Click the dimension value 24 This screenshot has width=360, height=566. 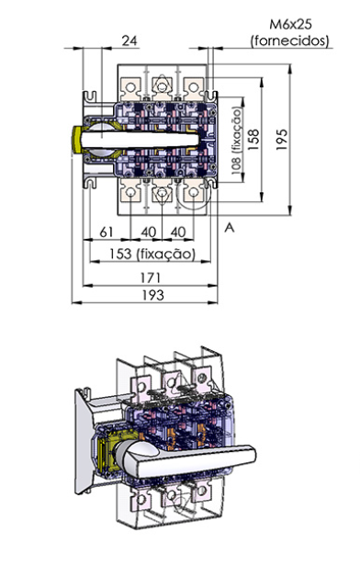pyautogui.click(x=129, y=40)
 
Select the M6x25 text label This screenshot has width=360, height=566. pyautogui.click(x=290, y=24)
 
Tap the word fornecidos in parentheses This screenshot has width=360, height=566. pyautogui.click(x=290, y=40)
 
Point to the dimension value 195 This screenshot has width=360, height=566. pyautogui.click(x=281, y=140)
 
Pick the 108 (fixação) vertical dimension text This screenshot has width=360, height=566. pyautogui.click(x=237, y=141)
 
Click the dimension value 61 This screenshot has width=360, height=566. pyautogui.click(x=106, y=232)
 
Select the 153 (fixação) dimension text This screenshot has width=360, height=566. pyautogui.click(x=152, y=254)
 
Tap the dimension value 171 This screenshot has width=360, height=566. pyautogui.click(x=151, y=277)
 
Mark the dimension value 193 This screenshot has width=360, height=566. pyautogui.click(x=153, y=295)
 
